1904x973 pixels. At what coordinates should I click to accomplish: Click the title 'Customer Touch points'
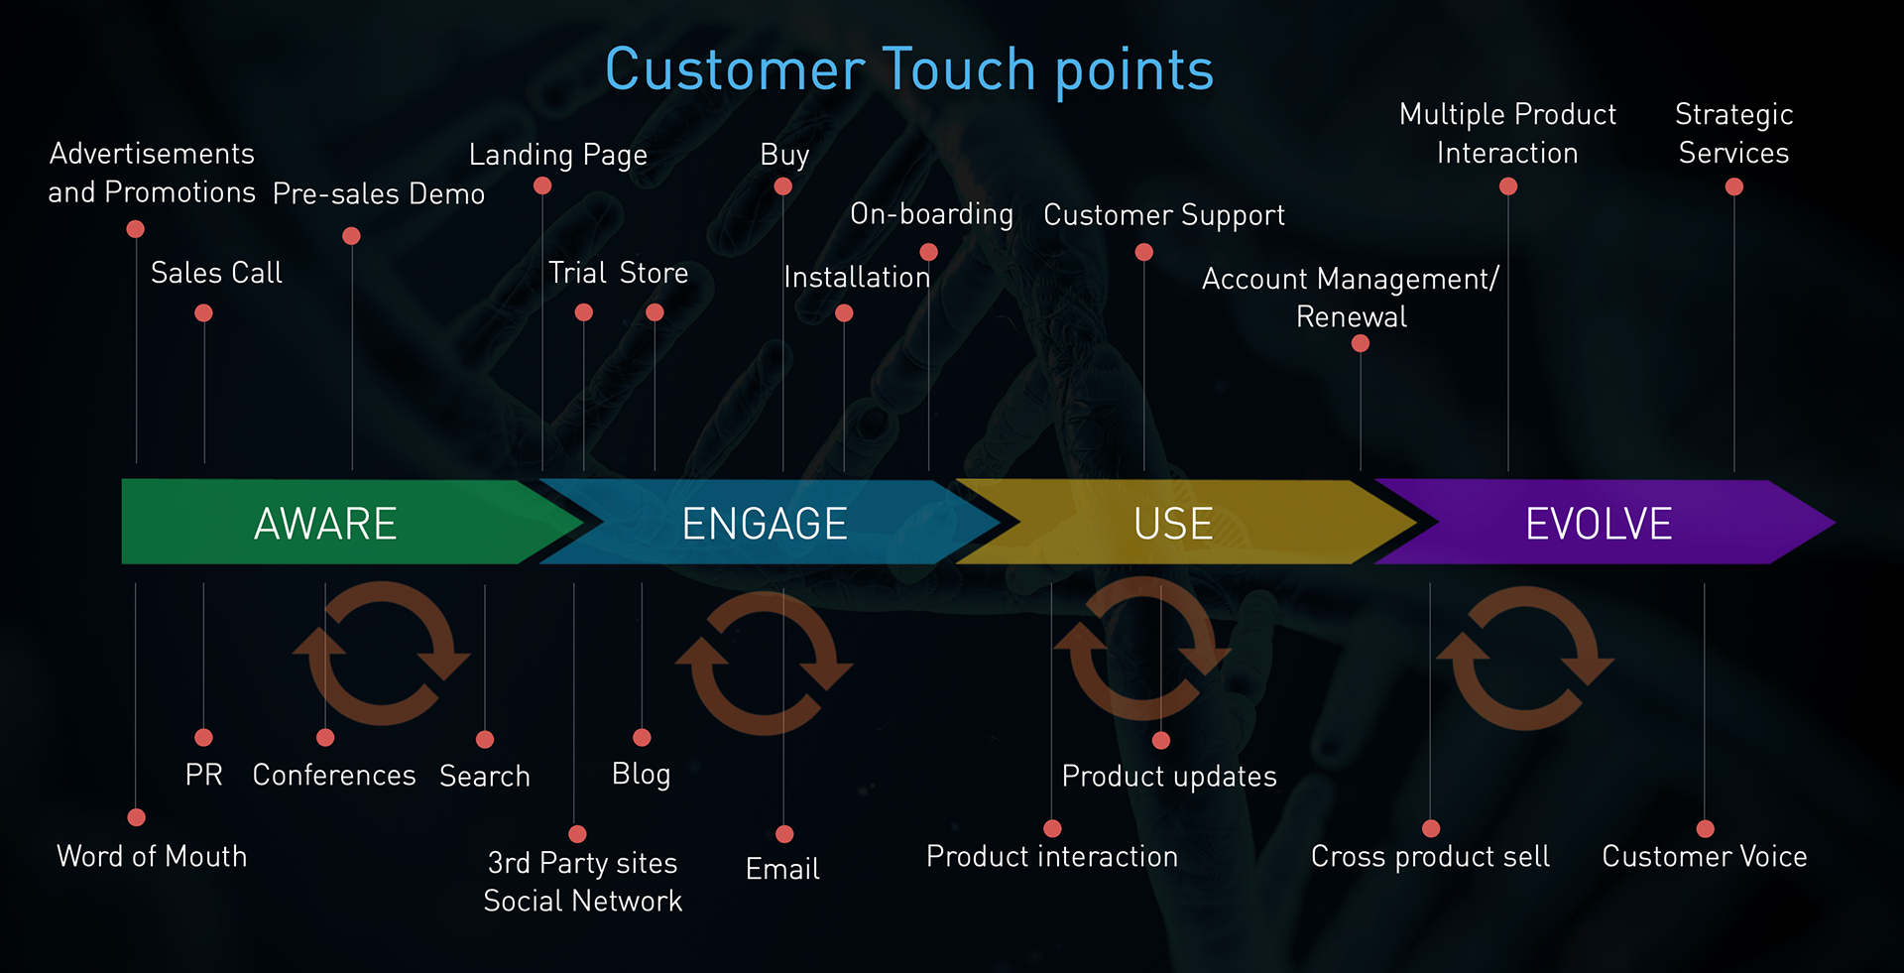click(909, 69)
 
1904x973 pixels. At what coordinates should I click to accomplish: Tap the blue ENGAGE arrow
click(764, 523)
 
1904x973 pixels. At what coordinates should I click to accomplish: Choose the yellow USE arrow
click(1173, 523)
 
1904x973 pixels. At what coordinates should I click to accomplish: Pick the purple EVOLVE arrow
click(1598, 523)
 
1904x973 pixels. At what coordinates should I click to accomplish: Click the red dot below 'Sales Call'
click(203, 313)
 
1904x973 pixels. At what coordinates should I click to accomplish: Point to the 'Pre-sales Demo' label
click(378, 193)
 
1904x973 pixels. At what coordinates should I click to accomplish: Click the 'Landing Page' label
click(557, 155)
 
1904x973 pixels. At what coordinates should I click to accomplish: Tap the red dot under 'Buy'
click(782, 186)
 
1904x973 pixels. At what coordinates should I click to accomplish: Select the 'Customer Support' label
click(1163, 215)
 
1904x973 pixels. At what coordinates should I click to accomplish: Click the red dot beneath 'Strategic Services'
click(1733, 186)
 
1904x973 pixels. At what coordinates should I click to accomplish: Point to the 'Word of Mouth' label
click(152, 856)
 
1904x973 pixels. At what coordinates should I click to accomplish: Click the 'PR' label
click(203, 775)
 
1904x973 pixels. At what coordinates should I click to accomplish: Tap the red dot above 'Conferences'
click(325, 738)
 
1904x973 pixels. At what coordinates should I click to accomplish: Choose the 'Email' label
click(782, 869)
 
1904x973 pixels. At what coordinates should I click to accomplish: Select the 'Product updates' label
click(1169, 776)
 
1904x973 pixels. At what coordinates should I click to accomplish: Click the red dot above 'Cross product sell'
click(1431, 828)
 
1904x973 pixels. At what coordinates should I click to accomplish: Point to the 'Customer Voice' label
click(1704, 856)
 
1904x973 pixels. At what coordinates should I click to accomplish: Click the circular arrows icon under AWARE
click(382, 654)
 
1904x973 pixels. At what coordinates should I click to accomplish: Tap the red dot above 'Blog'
click(642, 738)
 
